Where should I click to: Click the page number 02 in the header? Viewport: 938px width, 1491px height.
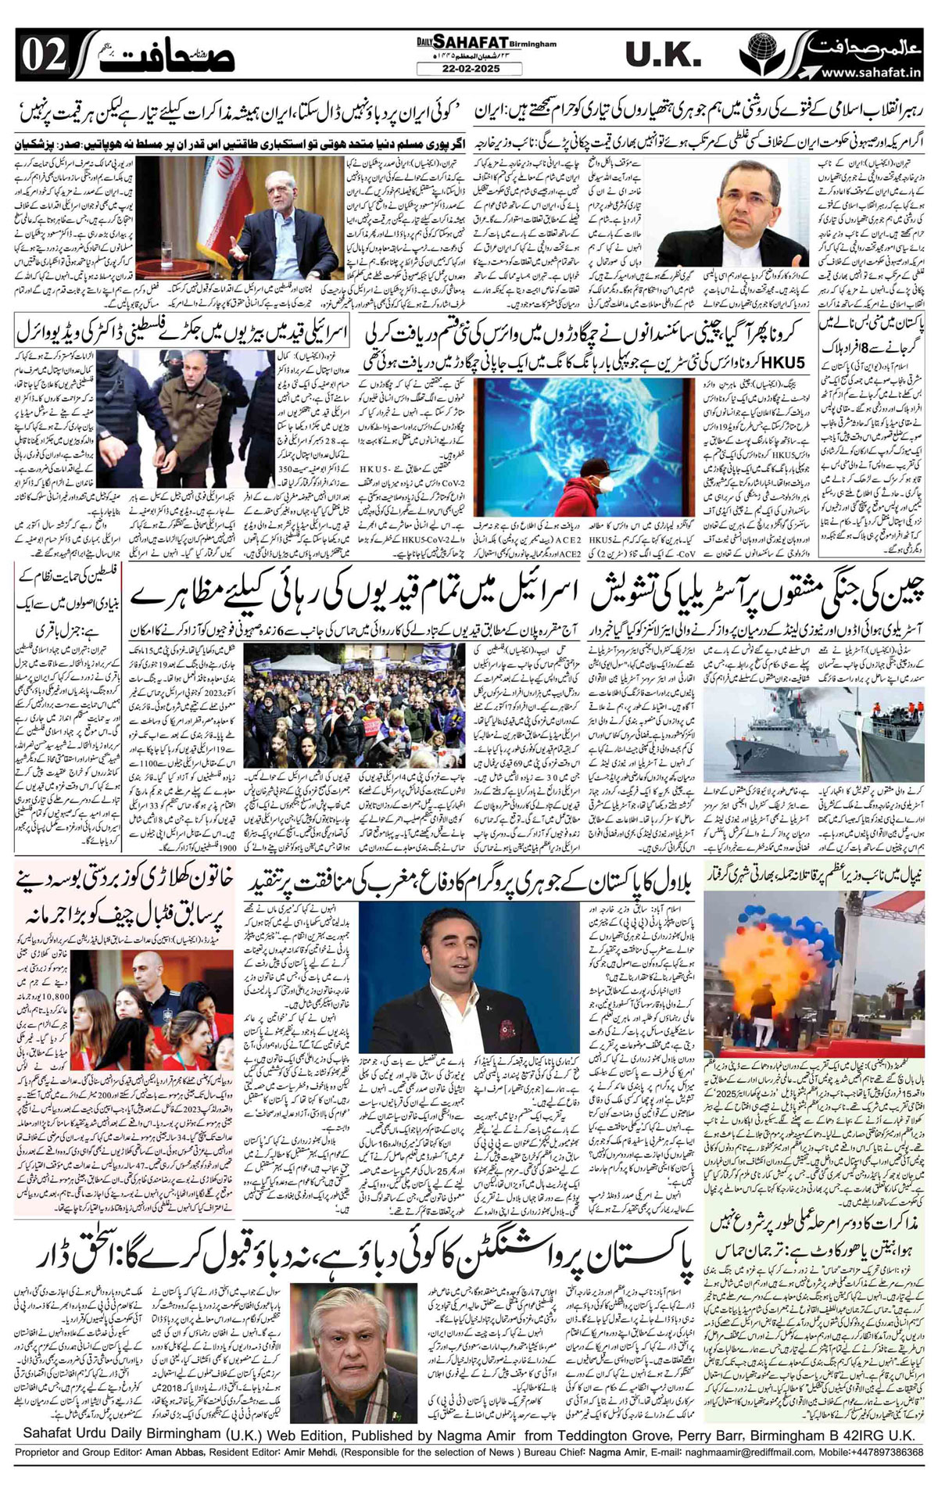click(x=40, y=56)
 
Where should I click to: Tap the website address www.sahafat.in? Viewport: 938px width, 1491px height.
click(x=875, y=73)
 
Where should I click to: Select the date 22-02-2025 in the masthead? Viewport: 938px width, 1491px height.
click(x=459, y=69)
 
